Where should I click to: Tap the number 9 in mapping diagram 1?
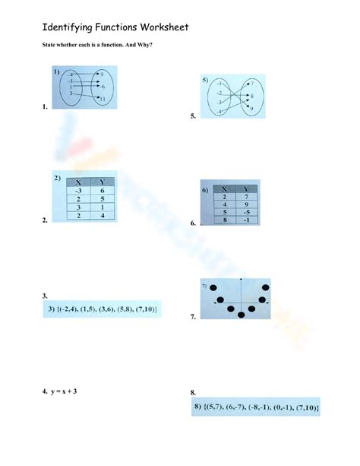point(102,74)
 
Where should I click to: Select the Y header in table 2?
point(103,182)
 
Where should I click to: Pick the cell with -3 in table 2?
point(77,190)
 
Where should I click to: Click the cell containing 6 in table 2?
point(103,190)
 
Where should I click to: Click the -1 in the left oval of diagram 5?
point(219,84)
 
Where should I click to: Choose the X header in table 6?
point(225,189)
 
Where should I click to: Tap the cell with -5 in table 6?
point(246,212)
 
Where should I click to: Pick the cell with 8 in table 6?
point(225,220)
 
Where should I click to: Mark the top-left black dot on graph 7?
point(214,287)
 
